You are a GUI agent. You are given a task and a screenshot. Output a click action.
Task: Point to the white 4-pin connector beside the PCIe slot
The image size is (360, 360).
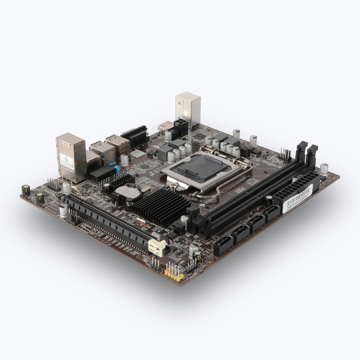pos(156,247)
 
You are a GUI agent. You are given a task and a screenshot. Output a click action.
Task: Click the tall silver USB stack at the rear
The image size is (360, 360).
pos(188,110)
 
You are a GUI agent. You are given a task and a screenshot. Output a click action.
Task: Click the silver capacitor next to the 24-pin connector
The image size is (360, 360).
pos(324,169)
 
